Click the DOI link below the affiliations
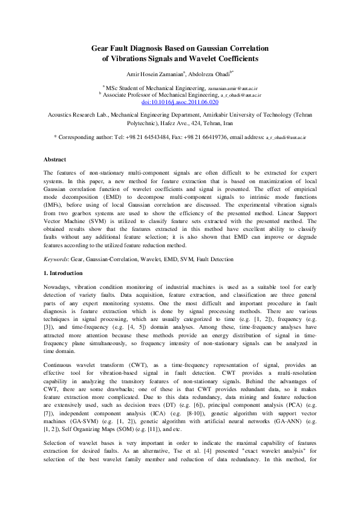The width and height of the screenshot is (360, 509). [180, 103]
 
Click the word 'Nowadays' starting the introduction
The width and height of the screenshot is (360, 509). [59, 286]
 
